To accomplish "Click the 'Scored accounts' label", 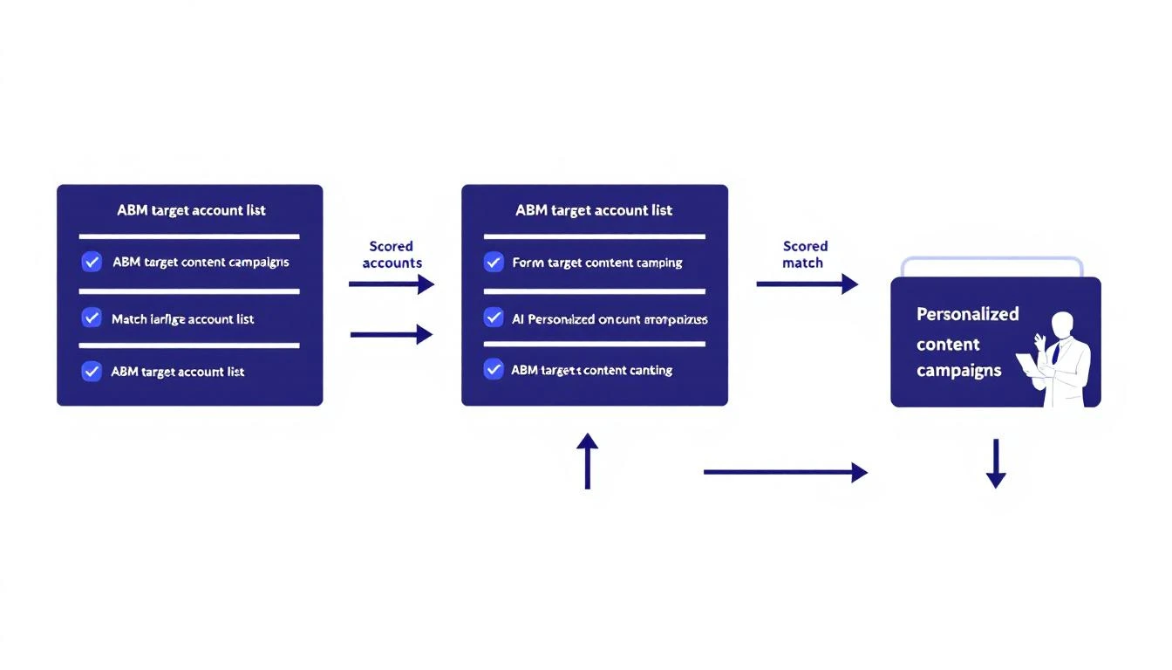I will coord(392,255).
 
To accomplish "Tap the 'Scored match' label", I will coord(804,255).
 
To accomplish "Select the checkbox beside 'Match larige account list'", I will coord(92,318).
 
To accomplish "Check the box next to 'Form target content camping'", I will coord(494,262).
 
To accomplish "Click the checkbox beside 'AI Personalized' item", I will coord(494,318).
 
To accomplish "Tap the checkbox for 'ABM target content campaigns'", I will coord(92,262).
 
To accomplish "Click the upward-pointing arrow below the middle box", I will coord(588,461).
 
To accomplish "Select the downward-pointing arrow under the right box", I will coord(996,463).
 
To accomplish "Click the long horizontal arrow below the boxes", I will coord(785,473).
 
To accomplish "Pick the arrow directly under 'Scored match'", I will coord(807,284).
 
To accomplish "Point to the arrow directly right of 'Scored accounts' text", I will coord(391,284).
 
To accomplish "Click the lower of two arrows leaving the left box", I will coord(391,334).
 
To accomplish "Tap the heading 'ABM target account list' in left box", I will coord(191,210).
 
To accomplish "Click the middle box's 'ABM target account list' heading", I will coord(594,210).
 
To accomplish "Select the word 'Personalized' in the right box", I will coord(967,314).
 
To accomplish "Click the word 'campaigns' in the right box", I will coord(958,370).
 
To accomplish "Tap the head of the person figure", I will coord(1062,325).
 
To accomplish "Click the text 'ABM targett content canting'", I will coord(591,370).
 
